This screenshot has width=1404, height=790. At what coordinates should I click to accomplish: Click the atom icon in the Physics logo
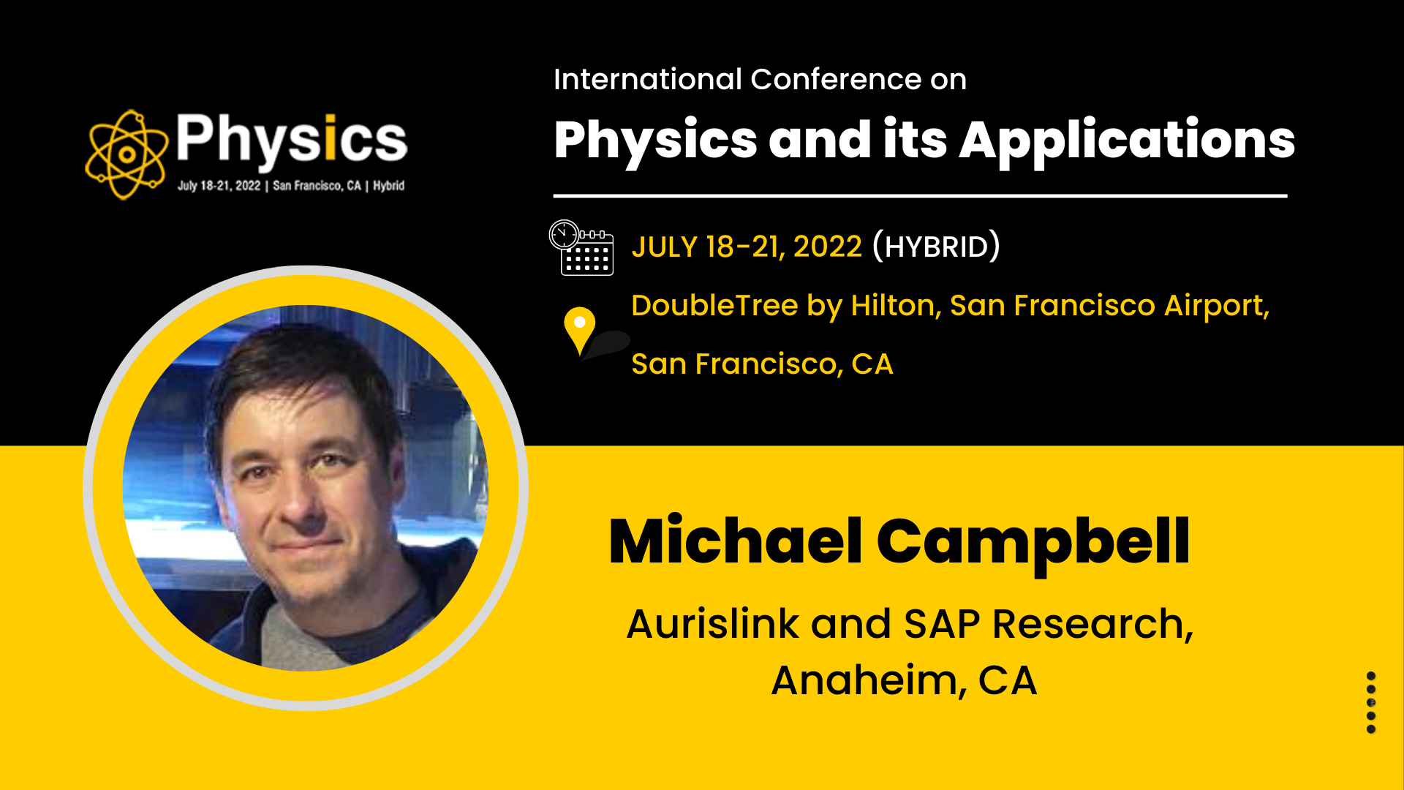(x=126, y=154)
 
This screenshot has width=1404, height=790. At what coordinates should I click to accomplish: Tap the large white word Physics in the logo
(x=291, y=139)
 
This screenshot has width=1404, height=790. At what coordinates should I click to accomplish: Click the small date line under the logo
(x=291, y=186)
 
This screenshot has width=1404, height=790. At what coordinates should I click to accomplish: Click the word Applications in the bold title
(x=1127, y=142)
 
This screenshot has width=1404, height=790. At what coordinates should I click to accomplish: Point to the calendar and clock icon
(x=581, y=247)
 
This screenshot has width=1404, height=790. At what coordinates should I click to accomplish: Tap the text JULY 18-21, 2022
(x=747, y=247)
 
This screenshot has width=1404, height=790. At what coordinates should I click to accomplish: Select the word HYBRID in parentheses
(x=936, y=247)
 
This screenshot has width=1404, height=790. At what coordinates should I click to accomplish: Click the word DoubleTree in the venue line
(x=714, y=306)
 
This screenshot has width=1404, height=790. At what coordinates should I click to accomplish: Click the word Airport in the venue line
(x=1216, y=306)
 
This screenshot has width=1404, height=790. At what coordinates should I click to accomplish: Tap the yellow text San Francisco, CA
(x=762, y=364)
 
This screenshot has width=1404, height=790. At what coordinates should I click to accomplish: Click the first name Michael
(x=736, y=541)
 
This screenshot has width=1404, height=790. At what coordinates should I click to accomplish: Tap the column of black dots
(x=1371, y=702)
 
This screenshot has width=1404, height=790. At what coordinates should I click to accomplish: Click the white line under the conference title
(x=920, y=196)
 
